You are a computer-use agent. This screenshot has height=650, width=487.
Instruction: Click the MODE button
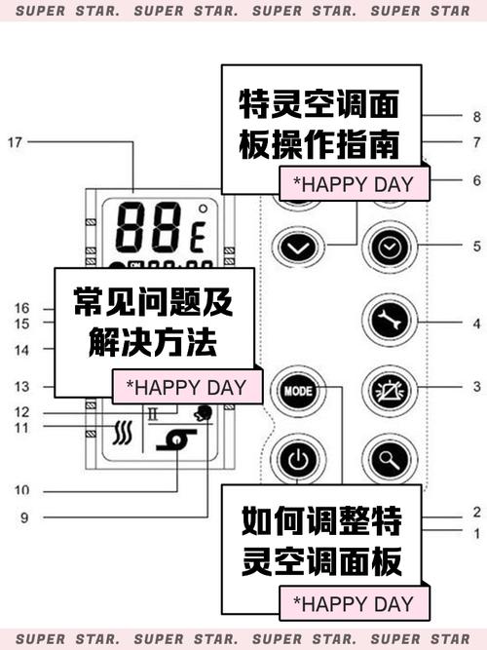pyautogui.click(x=295, y=388)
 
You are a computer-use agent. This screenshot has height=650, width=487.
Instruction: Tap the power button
pyautogui.click(x=295, y=457)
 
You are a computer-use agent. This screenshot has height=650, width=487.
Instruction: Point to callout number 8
pyautogui.click(x=476, y=117)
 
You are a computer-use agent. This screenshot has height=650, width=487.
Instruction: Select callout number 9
pyautogui.click(x=23, y=517)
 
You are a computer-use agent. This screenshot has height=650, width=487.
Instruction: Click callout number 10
pyautogui.click(x=23, y=489)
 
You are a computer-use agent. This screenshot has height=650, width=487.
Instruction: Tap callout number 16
pyautogui.click(x=23, y=308)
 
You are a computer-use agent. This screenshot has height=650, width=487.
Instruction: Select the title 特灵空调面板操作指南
pyautogui.click(x=319, y=125)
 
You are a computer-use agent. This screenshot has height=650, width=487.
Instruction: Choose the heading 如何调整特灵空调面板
pyautogui.click(x=321, y=543)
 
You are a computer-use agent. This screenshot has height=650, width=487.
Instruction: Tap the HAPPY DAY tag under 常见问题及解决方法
pyautogui.click(x=187, y=387)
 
